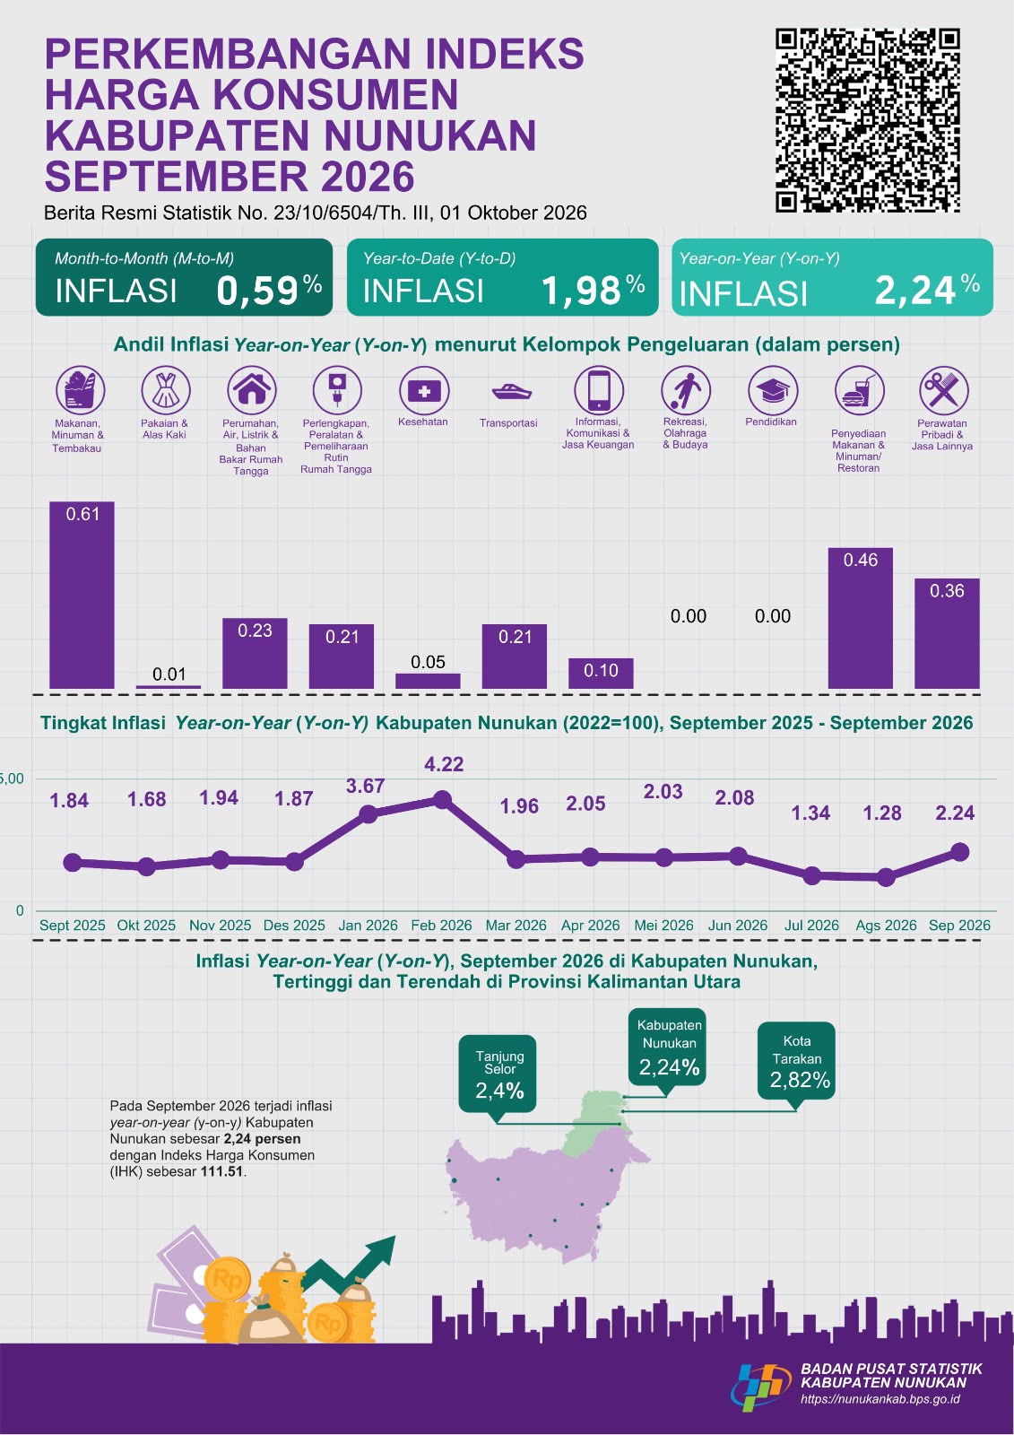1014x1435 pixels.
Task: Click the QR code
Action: (867, 120)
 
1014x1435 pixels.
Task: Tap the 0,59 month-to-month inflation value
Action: (257, 291)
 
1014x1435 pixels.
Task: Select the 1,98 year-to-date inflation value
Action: (581, 291)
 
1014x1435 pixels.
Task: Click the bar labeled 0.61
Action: (82, 596)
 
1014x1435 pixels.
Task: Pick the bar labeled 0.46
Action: (861, 618)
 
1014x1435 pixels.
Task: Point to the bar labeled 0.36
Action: (947, 633)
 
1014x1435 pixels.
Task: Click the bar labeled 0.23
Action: (255, 654)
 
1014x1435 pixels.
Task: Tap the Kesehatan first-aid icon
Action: (424, 390)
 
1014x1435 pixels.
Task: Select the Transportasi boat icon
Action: (510, 391)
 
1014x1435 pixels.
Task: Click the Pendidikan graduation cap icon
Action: (773, 390)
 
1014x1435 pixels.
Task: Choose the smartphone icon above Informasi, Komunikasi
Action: (598, 390)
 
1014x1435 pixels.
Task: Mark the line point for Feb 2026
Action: (442, 799)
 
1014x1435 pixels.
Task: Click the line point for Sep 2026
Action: (959, 852)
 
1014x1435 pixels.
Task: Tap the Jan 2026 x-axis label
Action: (368, 925)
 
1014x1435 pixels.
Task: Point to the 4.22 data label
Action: (444, 763)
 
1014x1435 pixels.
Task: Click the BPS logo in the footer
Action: (760, 1385)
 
